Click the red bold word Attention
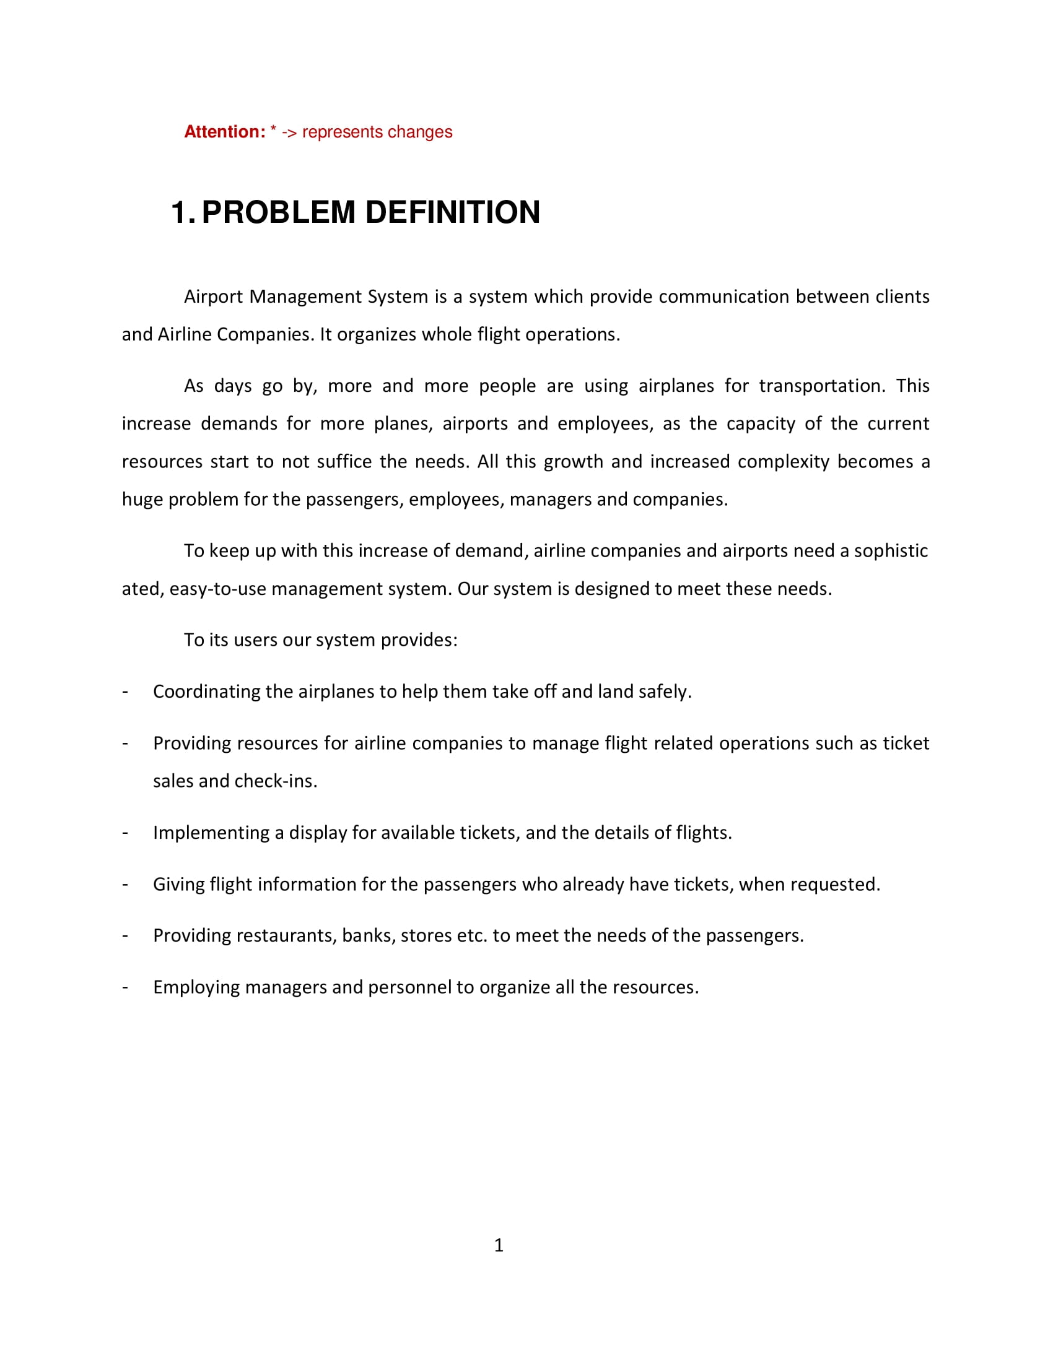225,132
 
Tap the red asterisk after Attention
273,130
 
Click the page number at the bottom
499,1246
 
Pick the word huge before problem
142,500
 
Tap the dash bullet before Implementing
125,833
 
